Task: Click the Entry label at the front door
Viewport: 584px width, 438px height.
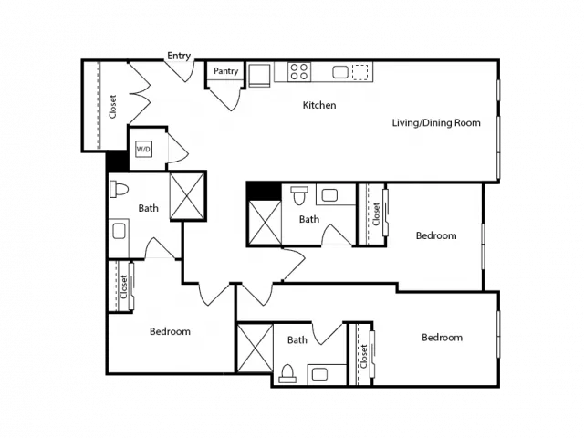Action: [x=179, y=56]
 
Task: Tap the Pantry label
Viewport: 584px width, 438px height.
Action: [x=225, y=71]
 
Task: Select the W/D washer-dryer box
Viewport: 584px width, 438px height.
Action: [x=143, y=150]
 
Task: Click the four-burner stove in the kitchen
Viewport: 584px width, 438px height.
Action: [x=299, y=71]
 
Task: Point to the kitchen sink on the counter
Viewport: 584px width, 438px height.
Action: [x=340, y=72]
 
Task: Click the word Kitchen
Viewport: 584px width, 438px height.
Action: [x=319, y=106]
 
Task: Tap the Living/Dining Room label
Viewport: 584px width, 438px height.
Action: [x=436, y=123]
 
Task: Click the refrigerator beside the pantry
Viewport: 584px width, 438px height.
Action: [x=259, y=75]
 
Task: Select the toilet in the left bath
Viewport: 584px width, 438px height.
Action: [x=119, y=189]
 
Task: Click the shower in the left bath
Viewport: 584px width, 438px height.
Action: [x=187, y=196]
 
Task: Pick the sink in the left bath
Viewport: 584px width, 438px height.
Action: [x=120, y=231]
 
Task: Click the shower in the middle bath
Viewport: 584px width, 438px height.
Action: [x=265, y=223]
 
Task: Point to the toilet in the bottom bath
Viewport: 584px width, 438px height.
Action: [x=287, y=373]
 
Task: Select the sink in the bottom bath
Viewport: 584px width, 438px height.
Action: [x=319, y=374]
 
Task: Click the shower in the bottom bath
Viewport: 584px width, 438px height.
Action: [x=255, y=348]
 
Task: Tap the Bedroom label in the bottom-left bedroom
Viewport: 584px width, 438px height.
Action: [x=170, y=331]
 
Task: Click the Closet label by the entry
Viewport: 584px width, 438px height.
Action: [x=112, y=107]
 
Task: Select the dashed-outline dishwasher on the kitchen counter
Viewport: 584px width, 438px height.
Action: [x=360, y=72]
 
